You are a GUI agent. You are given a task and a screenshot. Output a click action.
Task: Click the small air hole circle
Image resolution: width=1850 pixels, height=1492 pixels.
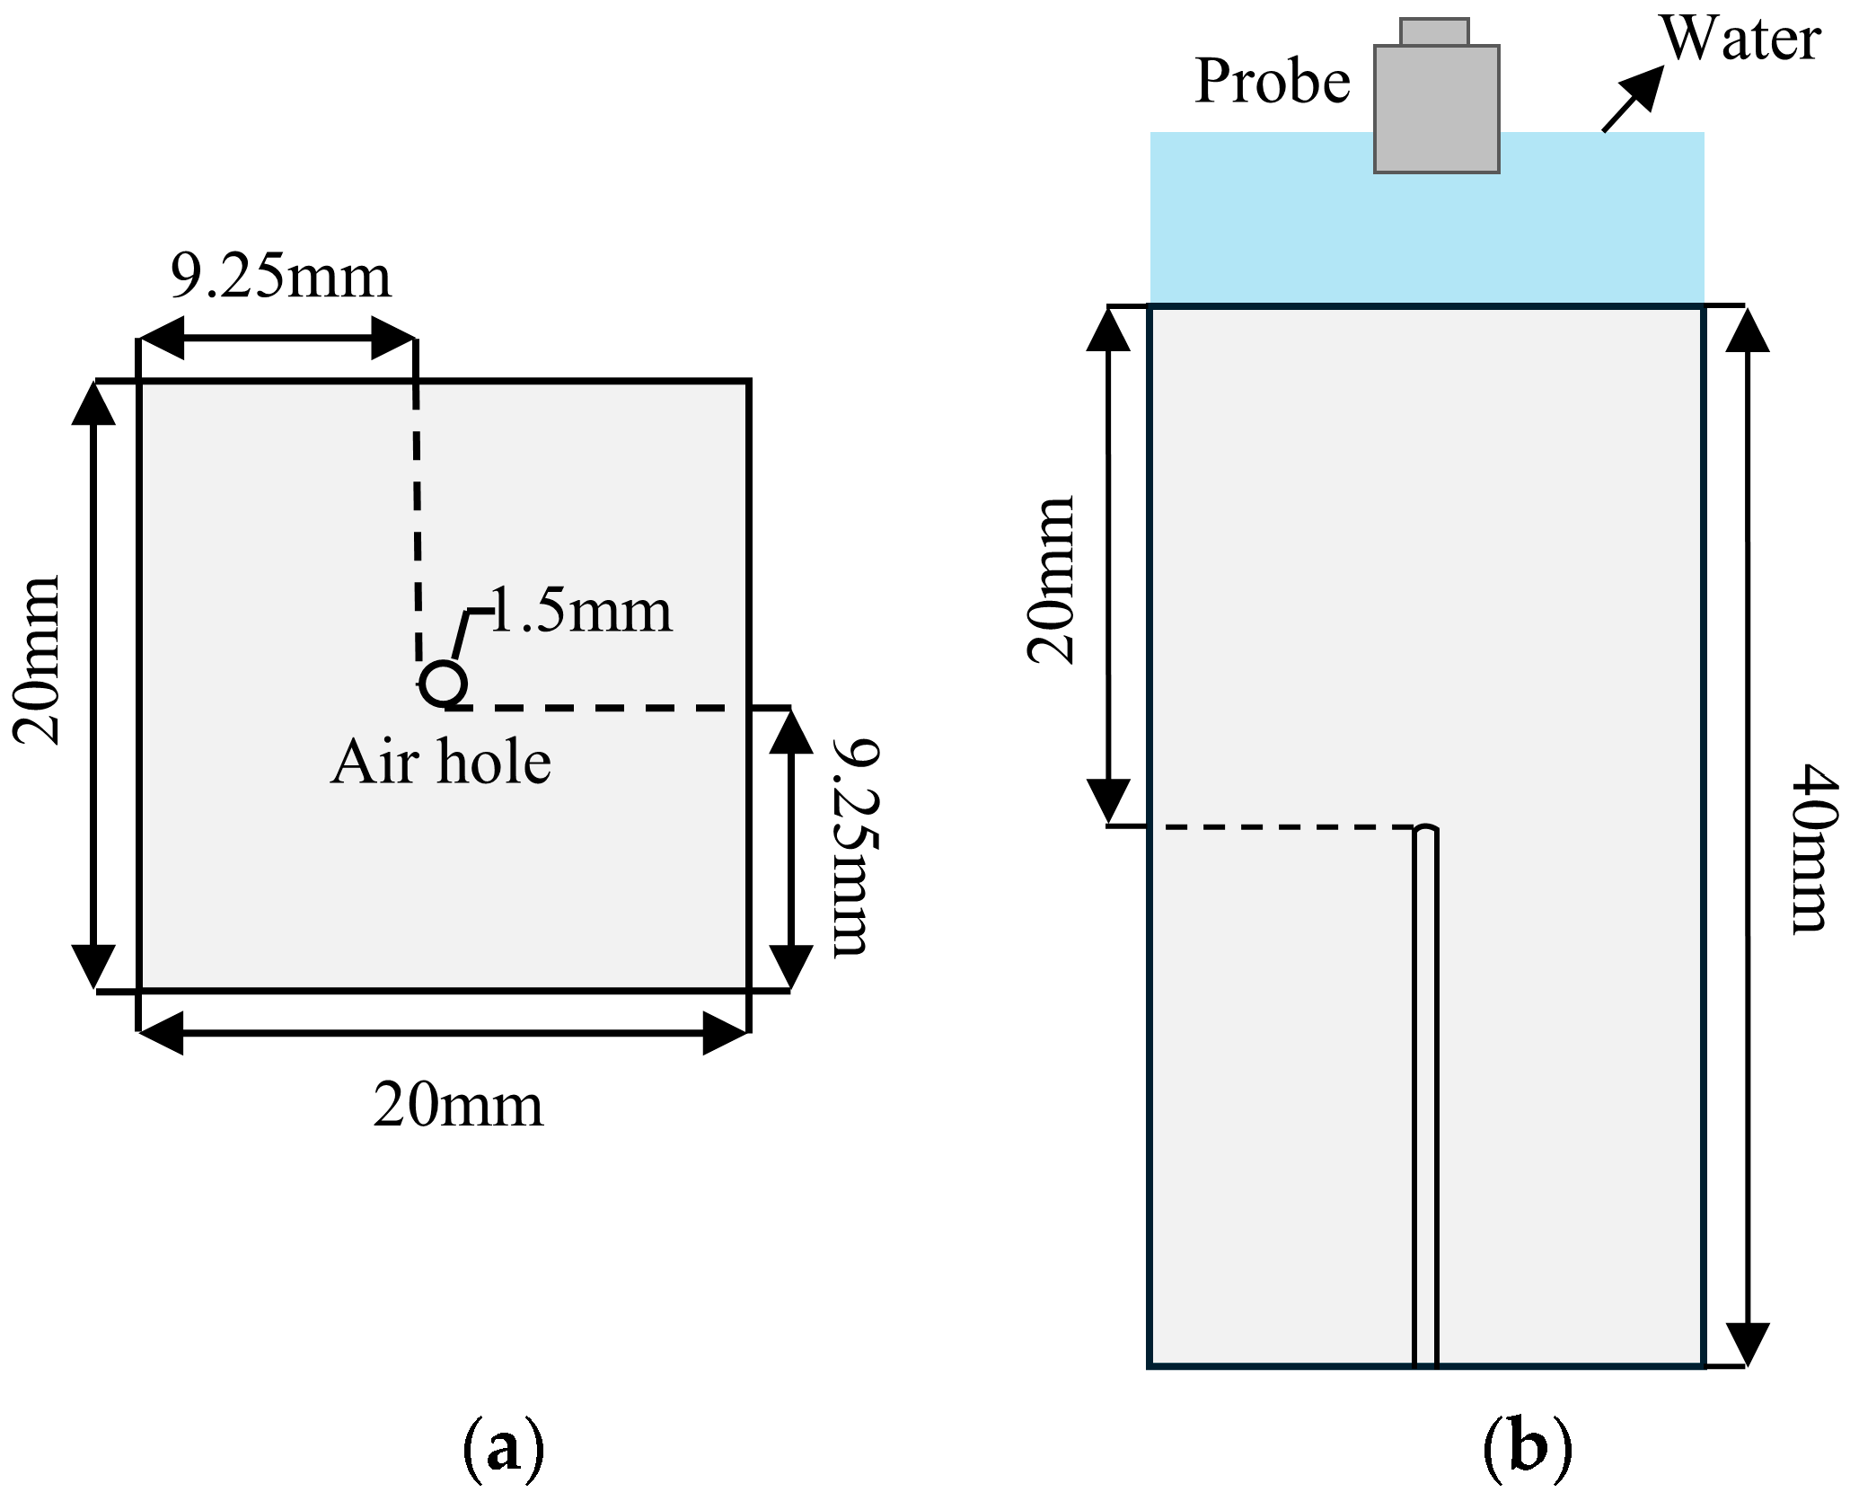pyautogui.click(x=443, y=684)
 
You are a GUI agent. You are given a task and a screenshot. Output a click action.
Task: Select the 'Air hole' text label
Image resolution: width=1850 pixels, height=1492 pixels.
pyautogui.click(x=441, y=763)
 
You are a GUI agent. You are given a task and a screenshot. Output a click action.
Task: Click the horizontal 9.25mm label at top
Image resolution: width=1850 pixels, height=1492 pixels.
pyautogui.click(x=281, y=277)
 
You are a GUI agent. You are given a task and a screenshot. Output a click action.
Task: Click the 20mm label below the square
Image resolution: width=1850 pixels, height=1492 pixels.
pyautogui.click(x=458, y=1106)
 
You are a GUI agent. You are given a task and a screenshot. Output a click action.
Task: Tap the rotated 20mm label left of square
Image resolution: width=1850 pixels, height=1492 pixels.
pyautogui.click(x=38, y=660)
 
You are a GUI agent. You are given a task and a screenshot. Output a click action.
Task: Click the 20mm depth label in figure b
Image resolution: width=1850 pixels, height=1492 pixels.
pyautogui.click(x=1052, y=579)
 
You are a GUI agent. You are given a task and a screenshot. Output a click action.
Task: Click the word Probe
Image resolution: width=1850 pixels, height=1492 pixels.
pyautogui.click(x=1273, y=82)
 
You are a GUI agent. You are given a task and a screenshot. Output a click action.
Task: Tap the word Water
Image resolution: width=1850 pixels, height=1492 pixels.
pyautogui.click(x=1740, y=40)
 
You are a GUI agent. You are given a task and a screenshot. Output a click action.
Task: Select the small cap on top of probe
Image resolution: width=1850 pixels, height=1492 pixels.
pyautogui.click(x=1434, y=32)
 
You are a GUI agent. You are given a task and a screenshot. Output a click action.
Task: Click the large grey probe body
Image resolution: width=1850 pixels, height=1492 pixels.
pyautogui.click(x=1435, y=108)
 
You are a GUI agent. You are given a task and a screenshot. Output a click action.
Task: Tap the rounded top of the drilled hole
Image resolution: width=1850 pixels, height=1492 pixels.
pyautogui.click(x=1425, y=829)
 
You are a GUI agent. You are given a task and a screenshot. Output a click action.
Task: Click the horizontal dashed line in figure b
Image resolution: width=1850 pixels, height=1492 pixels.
pyautogui.click(x=1284, y=826)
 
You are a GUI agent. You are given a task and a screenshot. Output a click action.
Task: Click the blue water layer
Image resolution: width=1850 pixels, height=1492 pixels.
pyautogui.click(x=1257, y=225)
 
